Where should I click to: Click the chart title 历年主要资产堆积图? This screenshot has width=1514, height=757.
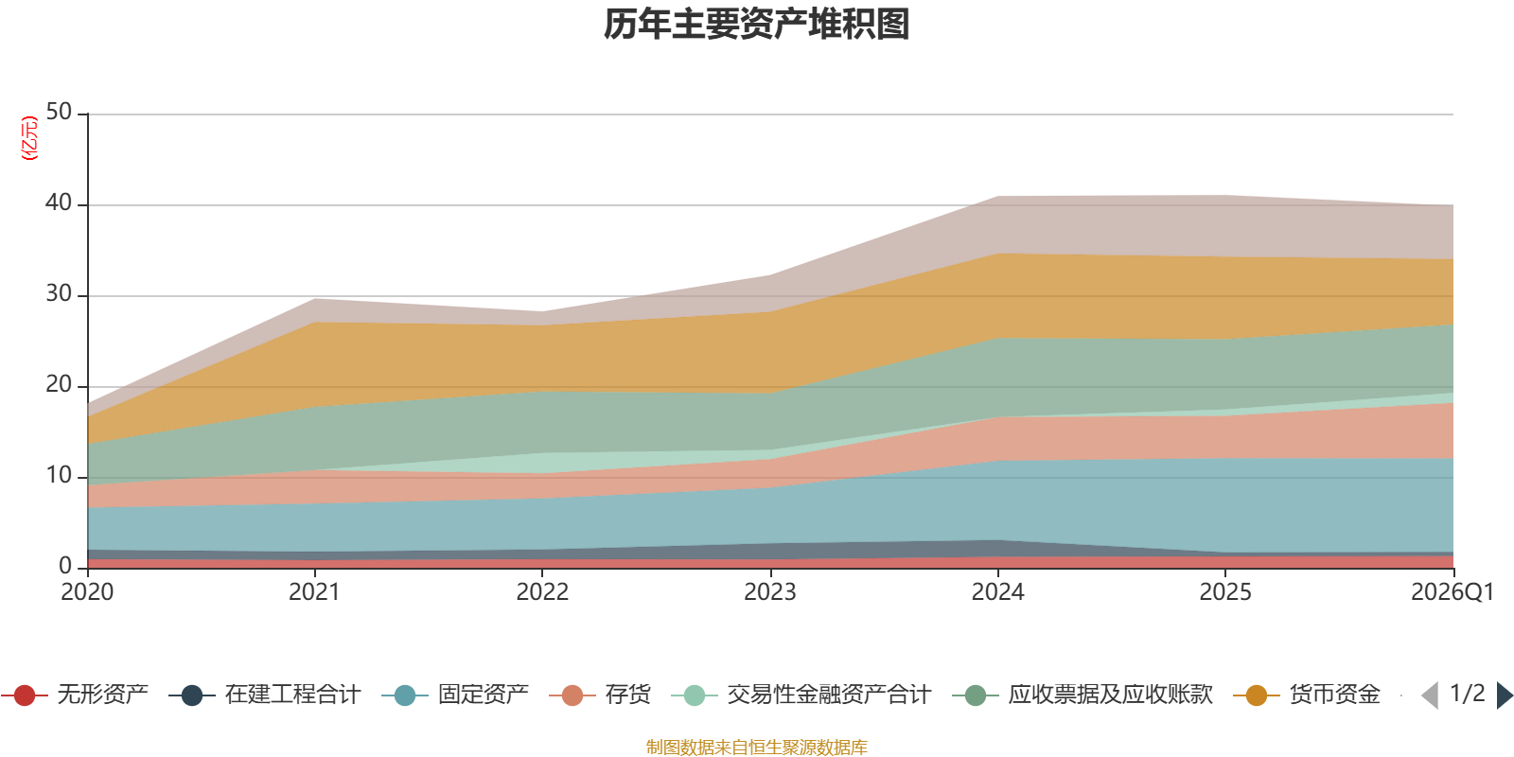tap(757, 25)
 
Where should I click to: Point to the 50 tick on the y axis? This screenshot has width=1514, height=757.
tap(59, 113)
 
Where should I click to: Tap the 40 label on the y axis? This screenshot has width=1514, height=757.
tap(59, 203)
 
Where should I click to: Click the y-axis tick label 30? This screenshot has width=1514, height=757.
tap(59, 294)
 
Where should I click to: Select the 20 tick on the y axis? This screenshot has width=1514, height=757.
tap(59, 385)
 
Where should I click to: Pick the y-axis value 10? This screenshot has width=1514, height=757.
tap(59, 476)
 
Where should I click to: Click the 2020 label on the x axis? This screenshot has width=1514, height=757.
tap(87, 592)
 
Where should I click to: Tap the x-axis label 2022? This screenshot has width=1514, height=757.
tap(542, 592)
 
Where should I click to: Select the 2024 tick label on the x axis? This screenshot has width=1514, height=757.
tap(997, 592)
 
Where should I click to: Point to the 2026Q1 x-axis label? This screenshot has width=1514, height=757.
tap(1452, 592)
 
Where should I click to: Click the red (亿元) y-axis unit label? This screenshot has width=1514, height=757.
tap(29, 138)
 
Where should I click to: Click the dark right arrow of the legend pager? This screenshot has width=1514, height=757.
tap(1504, 695)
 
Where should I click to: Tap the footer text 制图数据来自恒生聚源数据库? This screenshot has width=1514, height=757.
tap(757, 748)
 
